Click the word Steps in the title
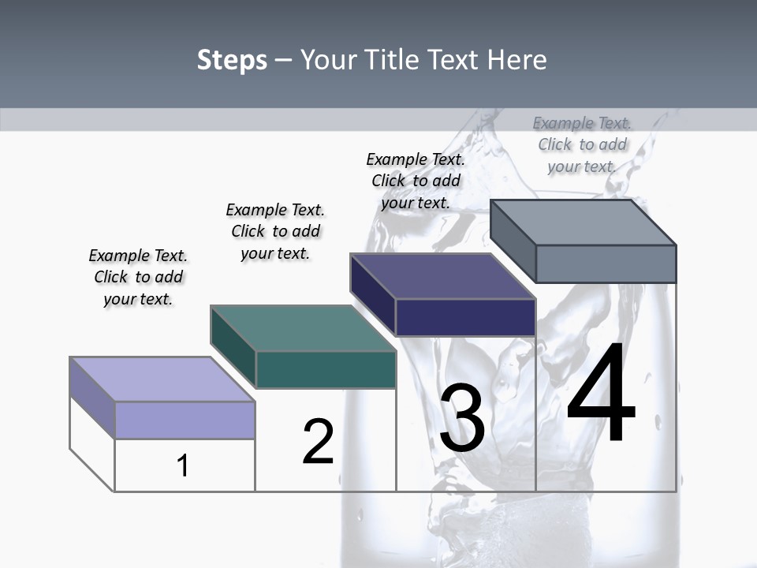click(x=232, y=60)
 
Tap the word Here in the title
click(x=517, y=60)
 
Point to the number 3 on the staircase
click(x=462, y=419)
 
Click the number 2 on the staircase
click(x=318, y=442)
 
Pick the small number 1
click(x=183, y=465)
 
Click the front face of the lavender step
click(x=185, y=420)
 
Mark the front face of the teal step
click(x=326, y=369)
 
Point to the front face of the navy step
click(x=465, y=317)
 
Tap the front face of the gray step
click(x=606, y=263)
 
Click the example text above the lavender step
click(x=138, y=277)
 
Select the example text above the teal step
click(x=275, y=231)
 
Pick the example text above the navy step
click(x=416, y=181)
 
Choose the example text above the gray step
click(x=582, y=144)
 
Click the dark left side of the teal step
click(x=233, y=346)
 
